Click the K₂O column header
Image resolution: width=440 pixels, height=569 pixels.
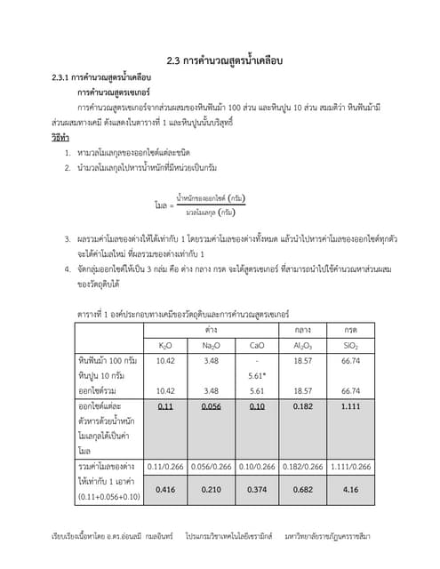click(x=165, y=344)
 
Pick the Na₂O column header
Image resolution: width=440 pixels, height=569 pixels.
click(x=211, y=344)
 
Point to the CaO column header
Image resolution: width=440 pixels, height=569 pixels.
click(x=257, y=344)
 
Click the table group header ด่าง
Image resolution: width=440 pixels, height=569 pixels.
click(x=212, y=328)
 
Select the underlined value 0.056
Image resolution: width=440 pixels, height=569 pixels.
click(x=211, y=405)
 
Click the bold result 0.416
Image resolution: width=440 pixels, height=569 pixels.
click(x=165, y=488)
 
